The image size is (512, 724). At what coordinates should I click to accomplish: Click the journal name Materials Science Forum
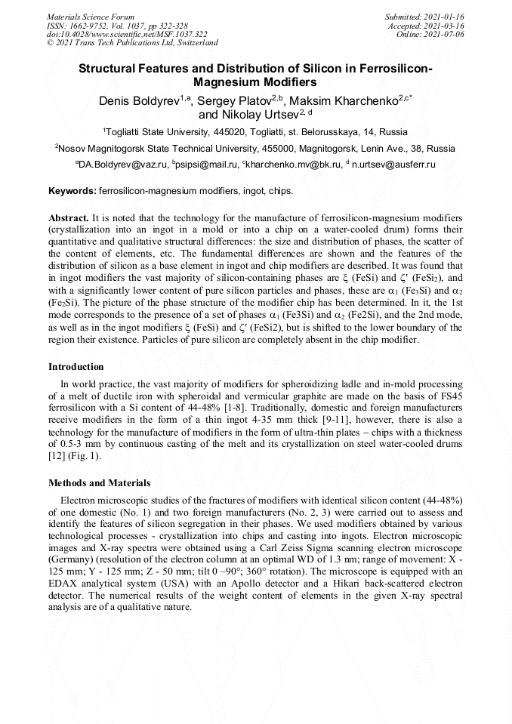click(x=91, y=17)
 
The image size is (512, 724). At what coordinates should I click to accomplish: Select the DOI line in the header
click(x=127, y=34)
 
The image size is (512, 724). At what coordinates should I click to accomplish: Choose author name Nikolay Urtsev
click(x=244, y=116)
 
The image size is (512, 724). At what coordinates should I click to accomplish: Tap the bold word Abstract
click(x=69, y=217)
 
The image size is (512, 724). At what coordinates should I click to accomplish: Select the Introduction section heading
click(x=76, y=367)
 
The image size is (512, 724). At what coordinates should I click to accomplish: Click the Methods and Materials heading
click(x=99, y=483)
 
